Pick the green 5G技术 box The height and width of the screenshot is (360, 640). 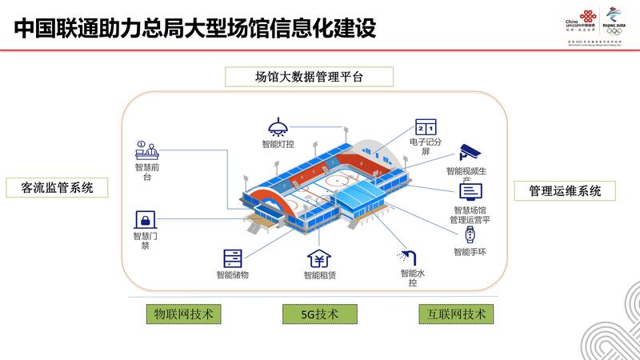[319, 314]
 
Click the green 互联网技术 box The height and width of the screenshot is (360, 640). [452, 314]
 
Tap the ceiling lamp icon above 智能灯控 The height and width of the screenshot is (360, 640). [276, 127]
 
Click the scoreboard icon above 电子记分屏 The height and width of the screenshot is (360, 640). [425, 127]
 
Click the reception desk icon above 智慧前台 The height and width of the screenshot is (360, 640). [148, 149]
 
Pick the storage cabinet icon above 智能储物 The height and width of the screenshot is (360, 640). [232, 258]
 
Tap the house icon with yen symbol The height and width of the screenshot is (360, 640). [319, 259]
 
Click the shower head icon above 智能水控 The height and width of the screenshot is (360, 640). [407, 257]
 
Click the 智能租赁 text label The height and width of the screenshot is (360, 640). [319, 276]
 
